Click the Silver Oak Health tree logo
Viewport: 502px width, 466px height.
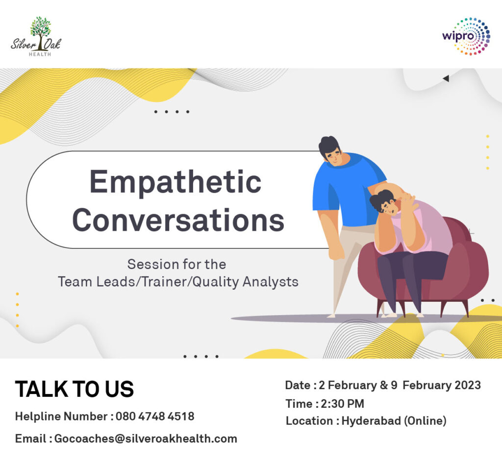coord(36,36)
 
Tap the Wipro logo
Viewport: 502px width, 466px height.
coord(466,36)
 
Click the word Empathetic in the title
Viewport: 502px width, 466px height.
coord(176,182)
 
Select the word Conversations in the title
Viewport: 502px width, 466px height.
coord(178,220)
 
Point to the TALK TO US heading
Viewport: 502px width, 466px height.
coord(75,389)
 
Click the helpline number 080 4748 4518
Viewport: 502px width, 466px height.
coord(155,417)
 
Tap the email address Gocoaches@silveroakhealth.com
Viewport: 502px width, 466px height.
coord(146,439)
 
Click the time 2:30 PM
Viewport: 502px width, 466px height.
coord(343,404)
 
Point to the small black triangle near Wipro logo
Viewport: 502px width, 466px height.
coord(446,78)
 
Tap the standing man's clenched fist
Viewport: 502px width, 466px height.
coord(337,253)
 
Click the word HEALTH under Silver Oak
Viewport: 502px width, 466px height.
coord(40,54)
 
